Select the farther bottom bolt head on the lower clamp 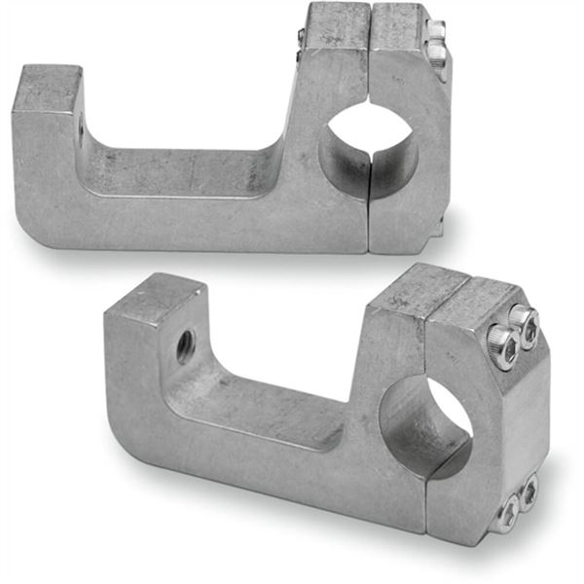point(529,492)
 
